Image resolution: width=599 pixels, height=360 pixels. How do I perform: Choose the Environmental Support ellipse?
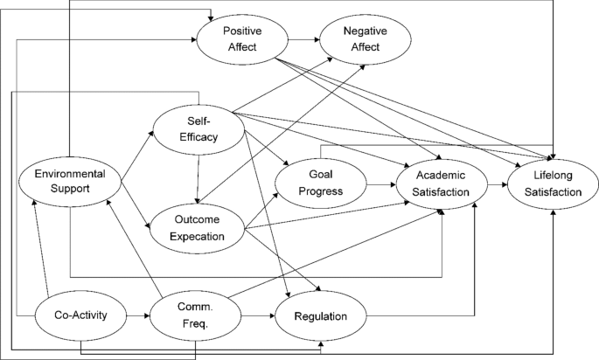pos(67,182)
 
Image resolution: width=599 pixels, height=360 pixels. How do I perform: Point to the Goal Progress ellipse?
pos(320,183)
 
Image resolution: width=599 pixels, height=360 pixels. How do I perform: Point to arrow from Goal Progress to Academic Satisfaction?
pos(380,185)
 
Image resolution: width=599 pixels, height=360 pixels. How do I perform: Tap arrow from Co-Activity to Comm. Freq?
pos(136,314)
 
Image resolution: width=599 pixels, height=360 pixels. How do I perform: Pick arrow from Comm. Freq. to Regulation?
pos(257,314)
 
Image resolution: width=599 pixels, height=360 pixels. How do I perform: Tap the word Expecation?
pos(198,236)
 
